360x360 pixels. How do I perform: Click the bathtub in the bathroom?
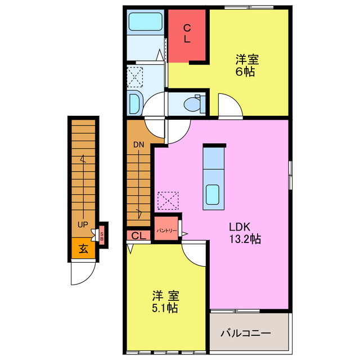[145, 22]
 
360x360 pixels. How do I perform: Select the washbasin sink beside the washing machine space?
[136, 103]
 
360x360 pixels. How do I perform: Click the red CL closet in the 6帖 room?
[188, 34]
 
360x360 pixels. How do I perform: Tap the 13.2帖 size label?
[244, 239]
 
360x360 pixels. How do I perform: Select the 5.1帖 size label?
[165, 308]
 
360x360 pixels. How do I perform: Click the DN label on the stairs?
[139, 145]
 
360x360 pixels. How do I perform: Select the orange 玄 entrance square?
[83, 248]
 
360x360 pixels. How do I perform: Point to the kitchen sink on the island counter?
[213, 194]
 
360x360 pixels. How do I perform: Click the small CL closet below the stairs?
[139, 236]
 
